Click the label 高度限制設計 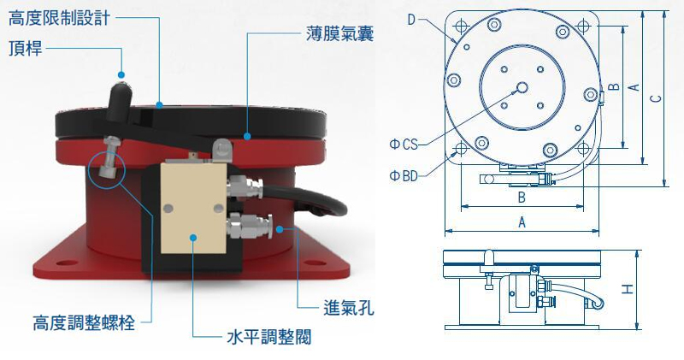pyautogui.click(x=59, y=18)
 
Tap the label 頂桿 pyautogui.click(x=26, y=48)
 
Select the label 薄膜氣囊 pyautogui.click(x=339, y=33)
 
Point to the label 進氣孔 pyautogui.click(x=349, y=308)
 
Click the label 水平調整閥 pyautogui.click(x=269, y=337)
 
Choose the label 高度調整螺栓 pyautogui.click(x=84, y=323)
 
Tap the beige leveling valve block pyautogui.click(x=193, y=208)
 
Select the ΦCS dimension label pyautogui.click(x=404, y=144)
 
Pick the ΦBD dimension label pyautogui.click(x=404, y=176)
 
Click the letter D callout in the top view pyautogui.click(x=411, y=20)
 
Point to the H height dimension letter pyautogui.click(x=628, y=289)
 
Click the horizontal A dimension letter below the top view pyautogui.click(x=522, y=222)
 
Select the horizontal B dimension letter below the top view pyautogui.click(x=522, y=198)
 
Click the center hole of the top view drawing pyautogui.click(x=522, y=88)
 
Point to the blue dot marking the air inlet pyautogui.click(x=280, y=228)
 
